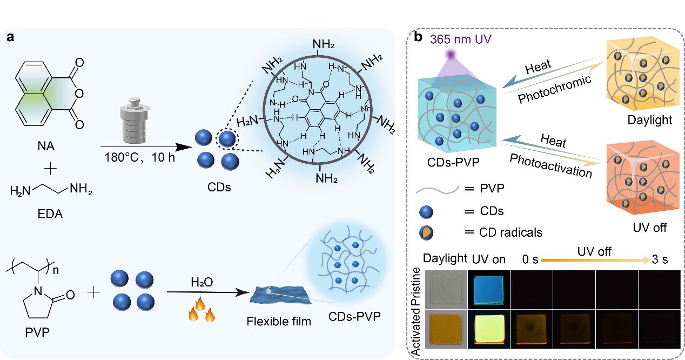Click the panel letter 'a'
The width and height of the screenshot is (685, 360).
tap(10, 37)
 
